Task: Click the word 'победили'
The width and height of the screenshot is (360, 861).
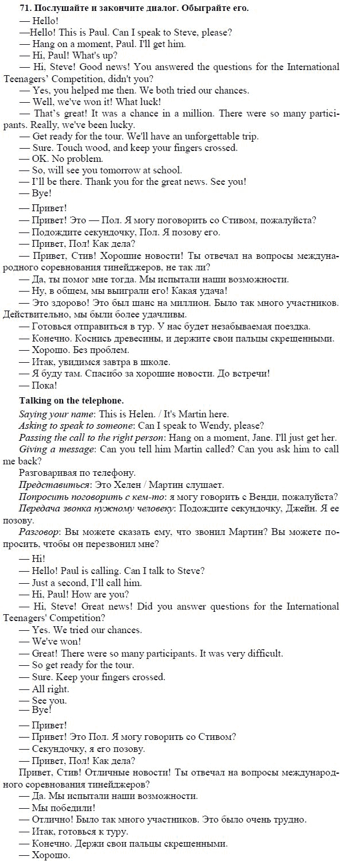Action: tap(71, 808)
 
